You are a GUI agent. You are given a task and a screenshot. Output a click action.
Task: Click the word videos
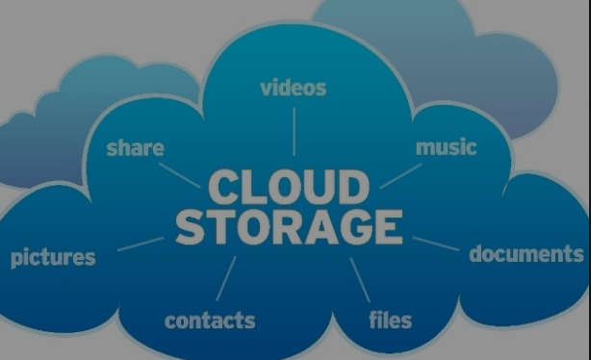[x=294, y=88]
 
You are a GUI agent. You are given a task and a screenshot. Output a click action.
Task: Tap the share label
[x=135, y=148]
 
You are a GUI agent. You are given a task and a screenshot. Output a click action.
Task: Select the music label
[x=446, y=147]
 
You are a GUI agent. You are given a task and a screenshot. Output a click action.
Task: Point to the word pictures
[x=53, y=258]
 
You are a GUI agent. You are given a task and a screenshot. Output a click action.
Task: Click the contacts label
[x=210, y=320]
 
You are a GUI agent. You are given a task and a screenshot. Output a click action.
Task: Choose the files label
[x=390, y=319]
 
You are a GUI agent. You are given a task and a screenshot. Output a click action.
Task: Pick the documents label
[x=526, y=254]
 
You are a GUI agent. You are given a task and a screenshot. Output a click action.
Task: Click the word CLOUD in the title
[x=288, y=188]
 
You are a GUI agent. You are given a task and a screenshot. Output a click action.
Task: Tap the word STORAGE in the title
[x=289, y=227]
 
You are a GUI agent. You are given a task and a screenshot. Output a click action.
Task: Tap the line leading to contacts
[x=227, y=278]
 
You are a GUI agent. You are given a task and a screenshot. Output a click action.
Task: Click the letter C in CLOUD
[x=222, y=188]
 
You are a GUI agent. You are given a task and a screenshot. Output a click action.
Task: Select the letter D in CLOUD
[x=352, y=188]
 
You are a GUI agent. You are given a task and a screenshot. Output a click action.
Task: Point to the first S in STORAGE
[x=193, y=227]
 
